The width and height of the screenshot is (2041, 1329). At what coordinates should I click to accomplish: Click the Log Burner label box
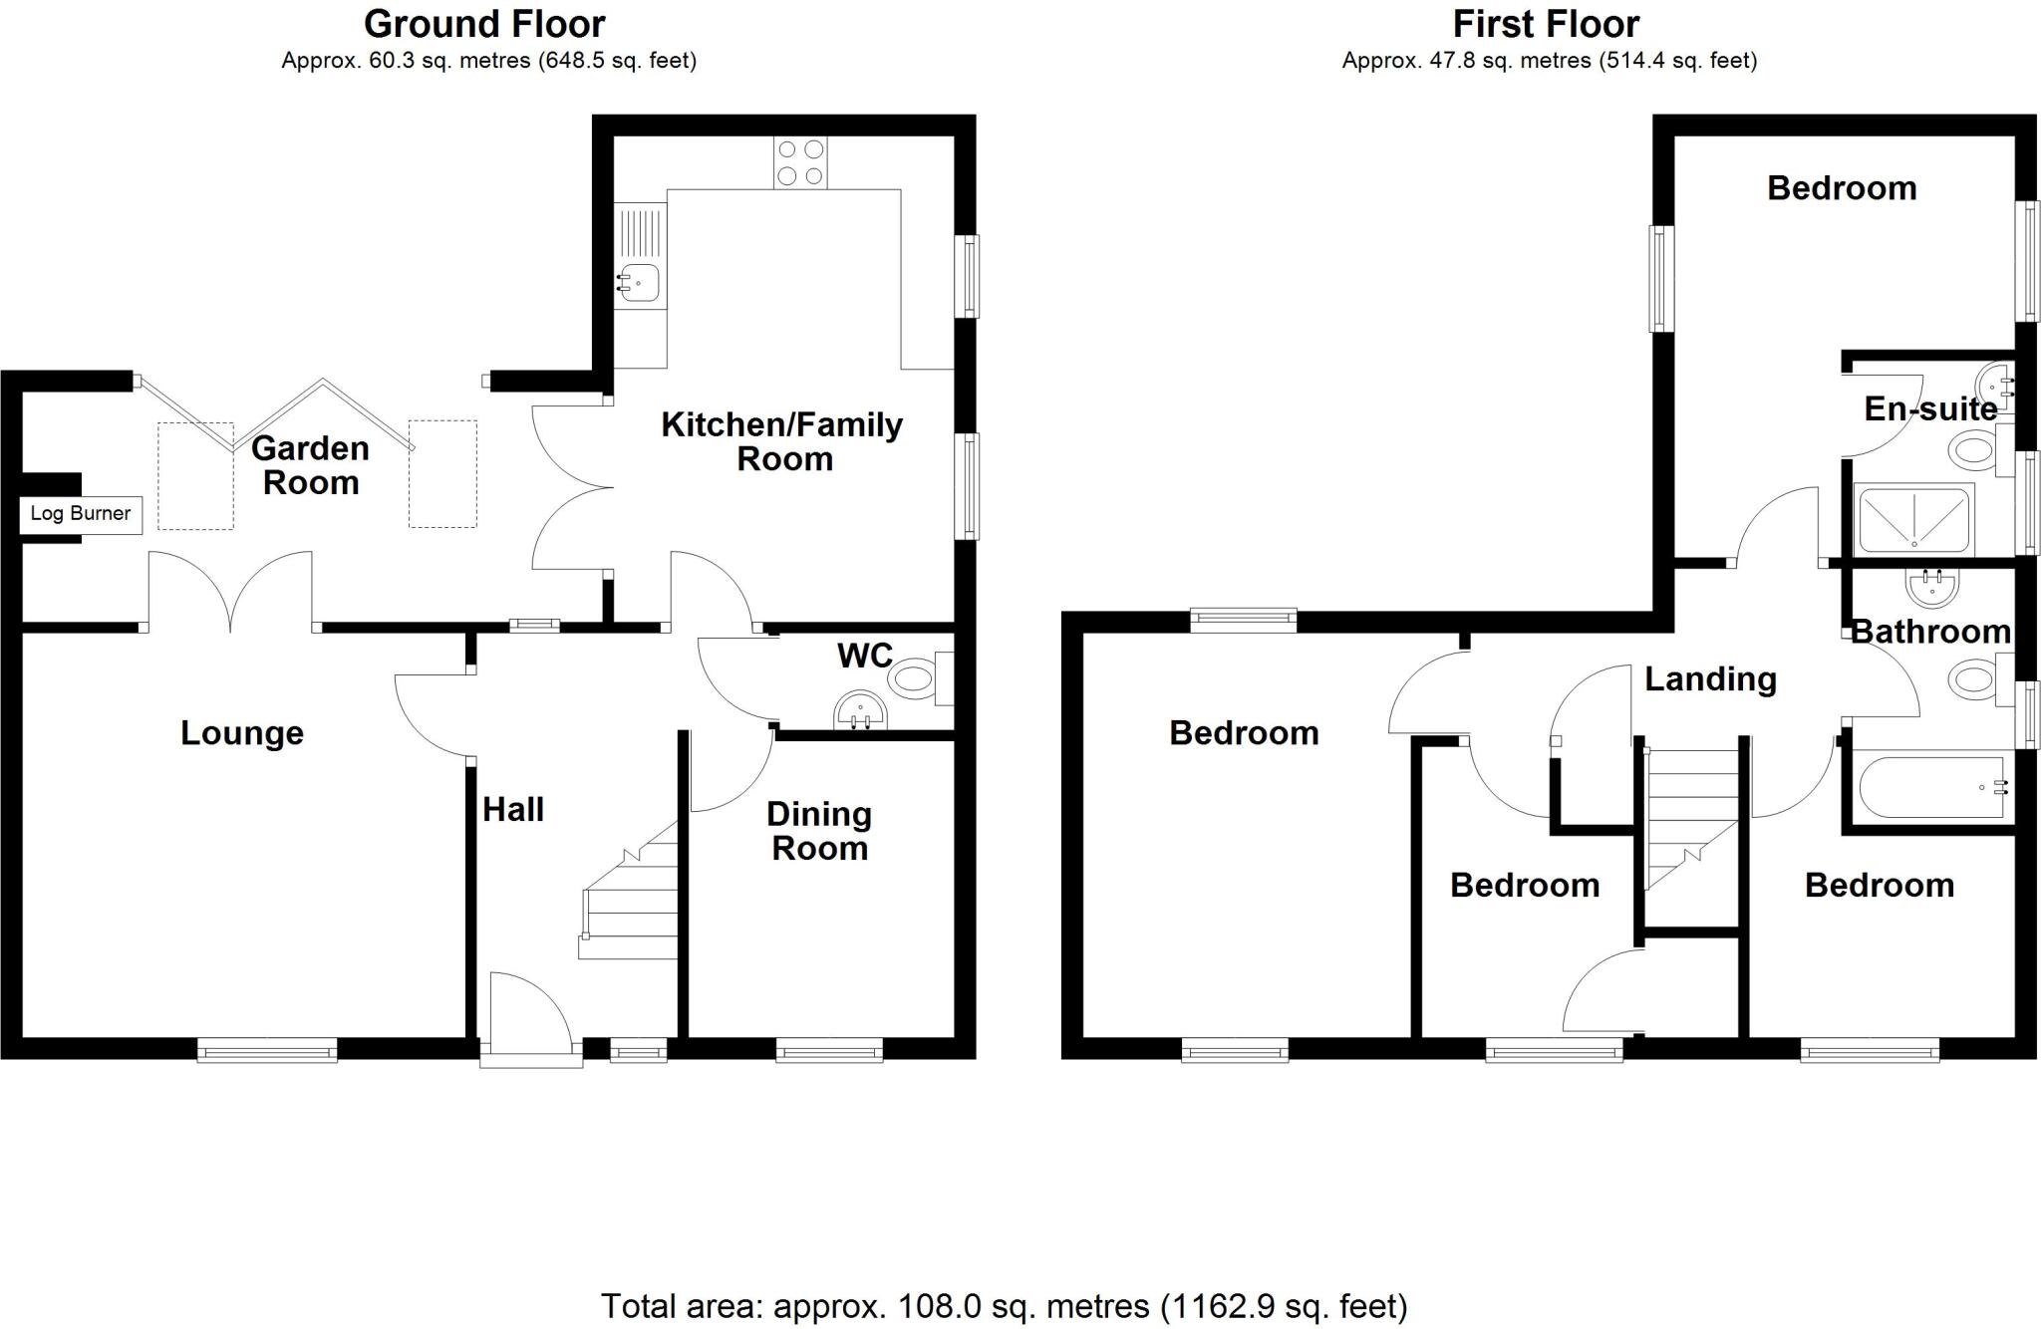[x=80, y=514]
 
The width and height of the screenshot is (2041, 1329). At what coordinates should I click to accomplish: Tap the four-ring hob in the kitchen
[x=800, y=162]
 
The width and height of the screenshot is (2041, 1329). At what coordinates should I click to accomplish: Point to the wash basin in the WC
[x=860, y=712]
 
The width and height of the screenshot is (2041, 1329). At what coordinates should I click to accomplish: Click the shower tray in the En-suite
[x=1913, y=519]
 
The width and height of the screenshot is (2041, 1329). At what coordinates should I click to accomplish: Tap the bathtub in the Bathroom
[x=1931, y=788]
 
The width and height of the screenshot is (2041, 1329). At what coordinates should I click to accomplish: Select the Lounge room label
[x=242, y=733]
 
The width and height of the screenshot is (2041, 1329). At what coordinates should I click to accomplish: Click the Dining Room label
[x=819, y=831]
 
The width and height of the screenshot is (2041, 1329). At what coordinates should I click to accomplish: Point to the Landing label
[x=1710, y=679]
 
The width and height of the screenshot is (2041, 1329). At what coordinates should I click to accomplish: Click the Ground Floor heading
[x=484, y=24]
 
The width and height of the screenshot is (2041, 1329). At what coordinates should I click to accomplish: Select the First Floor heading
[x=1546, y=24]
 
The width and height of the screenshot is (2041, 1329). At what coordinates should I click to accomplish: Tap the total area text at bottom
[x=1004, y=1305]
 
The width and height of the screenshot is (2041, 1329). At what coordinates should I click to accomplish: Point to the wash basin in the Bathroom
[x=1932, y=588]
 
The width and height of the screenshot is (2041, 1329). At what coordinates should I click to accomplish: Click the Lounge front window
[x=267, y=1049]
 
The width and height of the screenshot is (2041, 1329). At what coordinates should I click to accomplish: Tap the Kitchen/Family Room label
[x=782, y=441]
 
